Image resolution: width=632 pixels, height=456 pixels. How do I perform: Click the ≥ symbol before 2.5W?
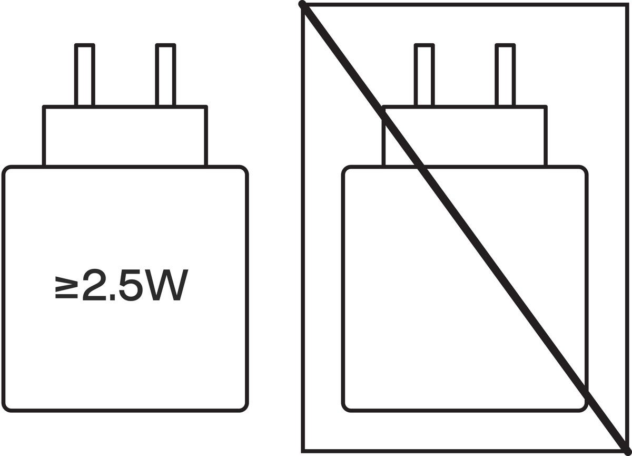click(x=66, y=287)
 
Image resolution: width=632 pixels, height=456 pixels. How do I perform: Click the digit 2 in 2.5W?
click(x=94, y=285)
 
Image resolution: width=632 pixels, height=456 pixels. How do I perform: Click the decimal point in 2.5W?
click(x=112, y=297)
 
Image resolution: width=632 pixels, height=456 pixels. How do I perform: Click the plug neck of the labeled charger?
click(x=125, y=136)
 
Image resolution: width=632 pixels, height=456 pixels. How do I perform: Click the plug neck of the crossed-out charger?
click(x=465, y=136)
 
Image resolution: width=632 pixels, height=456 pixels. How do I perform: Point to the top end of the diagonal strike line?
click(x=302, y=4)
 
